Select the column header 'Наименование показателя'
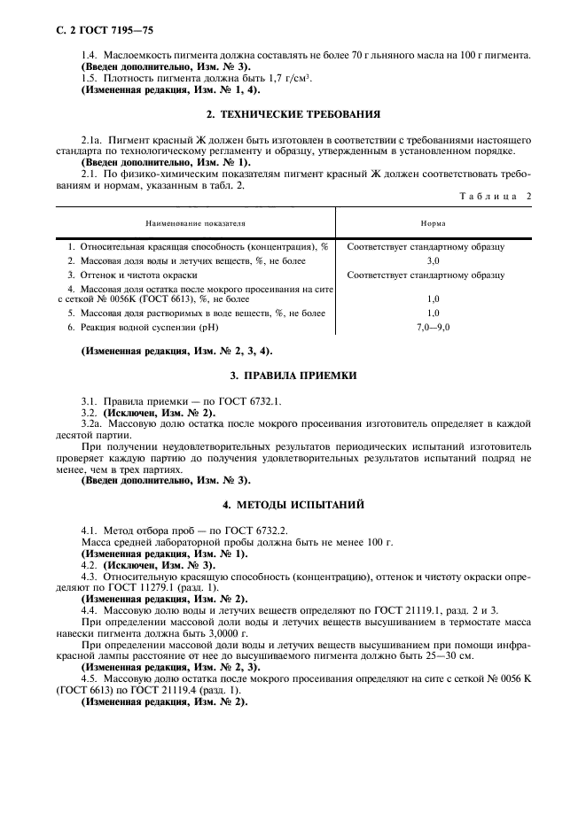[x=196, y=225]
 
